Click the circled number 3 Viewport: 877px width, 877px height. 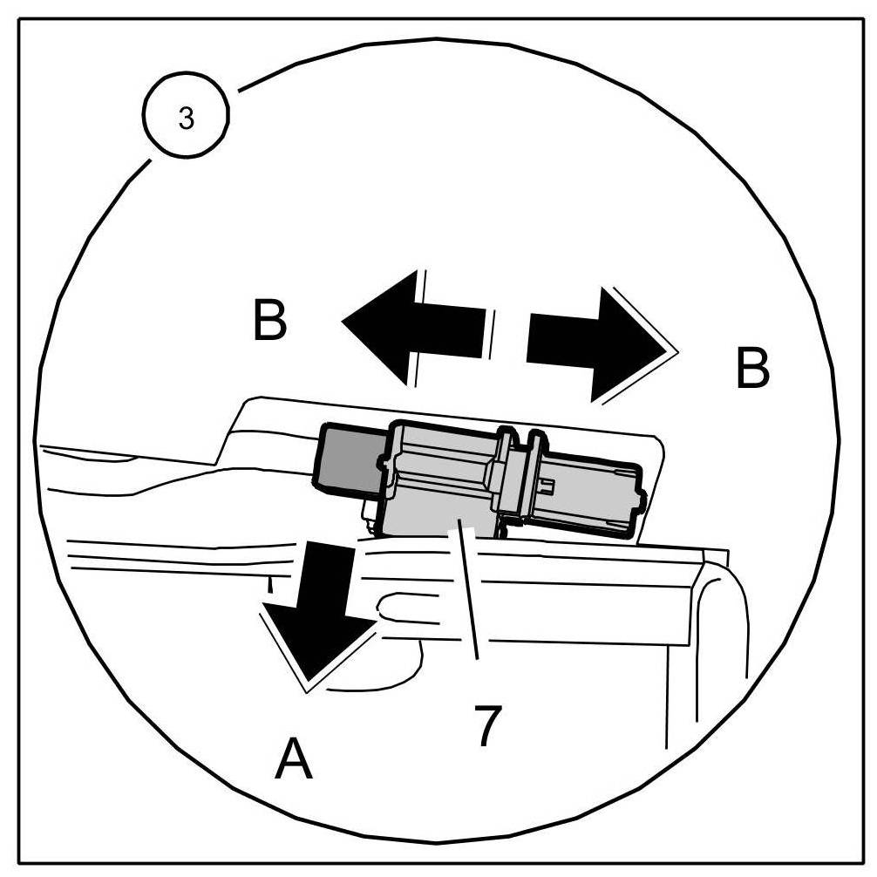click(187, 119)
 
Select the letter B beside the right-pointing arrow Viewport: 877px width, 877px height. click(752, 369)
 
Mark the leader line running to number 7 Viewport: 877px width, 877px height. click(468, 602)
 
